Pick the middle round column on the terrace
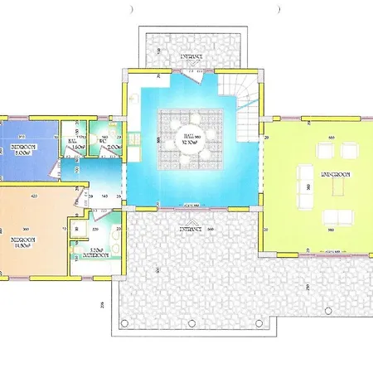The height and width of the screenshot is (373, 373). pyautogui.click(x=157, y=270)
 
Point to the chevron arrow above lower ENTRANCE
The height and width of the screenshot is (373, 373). pyautogui.click(x=190, y=219)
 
